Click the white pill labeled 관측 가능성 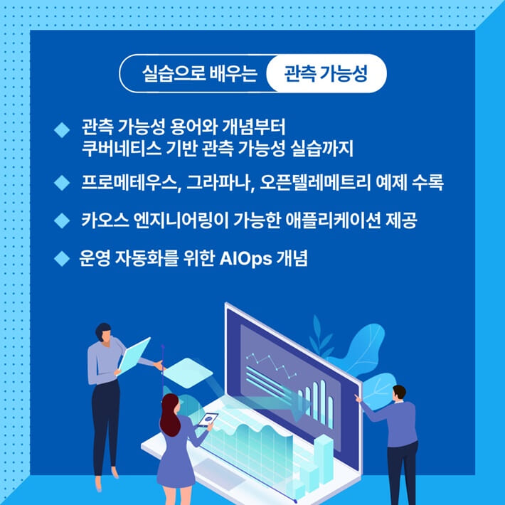(x=325, y=73)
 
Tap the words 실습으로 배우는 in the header (x=198, y=73)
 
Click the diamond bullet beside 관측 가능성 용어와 (x=61, y=130)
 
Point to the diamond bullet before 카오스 (x=61, y=221)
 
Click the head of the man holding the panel (x=104, y=332)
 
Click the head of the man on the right (x=399, y=393)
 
